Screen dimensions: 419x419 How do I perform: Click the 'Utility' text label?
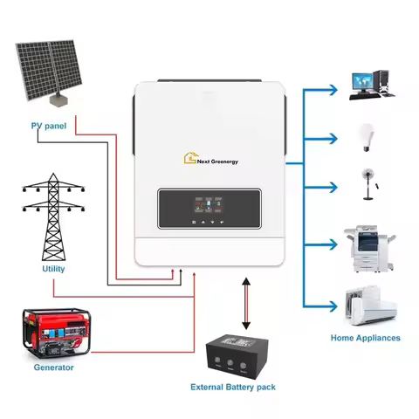coord(52,270)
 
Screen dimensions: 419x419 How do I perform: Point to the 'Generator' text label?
coord(52,367)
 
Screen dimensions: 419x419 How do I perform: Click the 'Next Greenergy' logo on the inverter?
coord(214,161)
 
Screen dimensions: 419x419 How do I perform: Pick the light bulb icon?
coord(367,136)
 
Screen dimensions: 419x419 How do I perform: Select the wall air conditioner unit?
coord(370,303)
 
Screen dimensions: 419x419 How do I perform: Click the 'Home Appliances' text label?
coord(365,337)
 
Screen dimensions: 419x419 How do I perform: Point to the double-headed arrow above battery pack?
coord(245,301)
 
